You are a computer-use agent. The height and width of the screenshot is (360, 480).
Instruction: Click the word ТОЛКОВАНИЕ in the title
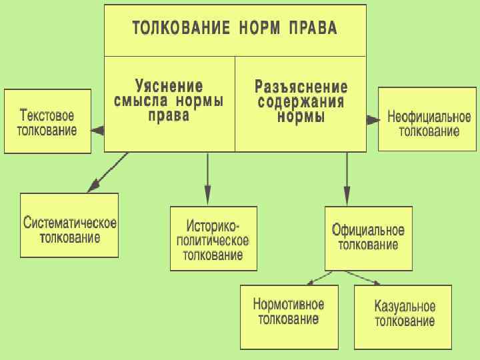tap(173, 28)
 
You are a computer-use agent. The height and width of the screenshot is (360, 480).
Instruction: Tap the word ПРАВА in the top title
tap(313, 28)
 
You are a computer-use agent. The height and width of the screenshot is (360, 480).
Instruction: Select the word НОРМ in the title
tap(252, 28)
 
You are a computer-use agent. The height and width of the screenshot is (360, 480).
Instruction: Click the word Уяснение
tap(169, 87)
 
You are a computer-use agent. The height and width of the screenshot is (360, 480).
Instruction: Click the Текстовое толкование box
tap(47, 121)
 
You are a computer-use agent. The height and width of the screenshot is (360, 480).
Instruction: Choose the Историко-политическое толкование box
tap(213, 238)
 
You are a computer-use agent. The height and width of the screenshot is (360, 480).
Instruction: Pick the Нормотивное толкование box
tap(289, 317)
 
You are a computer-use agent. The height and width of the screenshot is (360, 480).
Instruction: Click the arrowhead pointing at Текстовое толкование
tap(97, 131)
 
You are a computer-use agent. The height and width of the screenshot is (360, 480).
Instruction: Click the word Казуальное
tap(405, 307)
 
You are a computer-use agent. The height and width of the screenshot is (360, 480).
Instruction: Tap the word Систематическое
tap(70, 222)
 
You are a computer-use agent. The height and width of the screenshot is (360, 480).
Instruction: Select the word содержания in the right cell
tap(301, 102)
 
